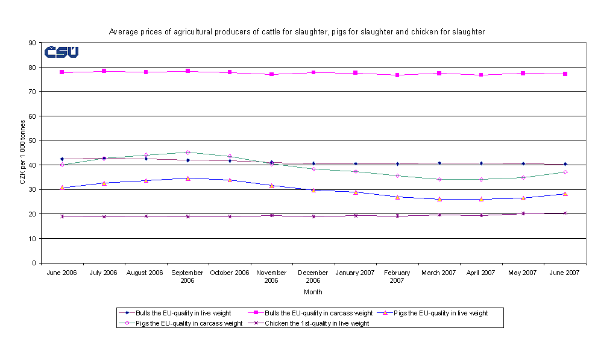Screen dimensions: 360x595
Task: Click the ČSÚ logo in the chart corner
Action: click(61, 52)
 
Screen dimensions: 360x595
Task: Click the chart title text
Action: click(297, 31)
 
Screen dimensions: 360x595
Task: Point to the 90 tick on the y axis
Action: click(31, 43)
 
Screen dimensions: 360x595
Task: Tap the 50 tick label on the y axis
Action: click(31, 141)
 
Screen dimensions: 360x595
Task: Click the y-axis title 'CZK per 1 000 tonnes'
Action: click(22, 153)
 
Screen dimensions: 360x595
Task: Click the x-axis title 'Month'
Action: click(313, 292)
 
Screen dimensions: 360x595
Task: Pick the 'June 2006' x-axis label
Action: click(62, 273)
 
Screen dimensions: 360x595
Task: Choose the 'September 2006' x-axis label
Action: click(187, 276)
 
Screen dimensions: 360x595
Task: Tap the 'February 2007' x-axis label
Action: click(397, 276)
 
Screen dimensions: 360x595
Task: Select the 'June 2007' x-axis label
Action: click(564, 273)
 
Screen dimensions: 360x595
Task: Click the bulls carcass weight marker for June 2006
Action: click(62, 72)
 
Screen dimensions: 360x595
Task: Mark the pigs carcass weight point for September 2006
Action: click(187, 153)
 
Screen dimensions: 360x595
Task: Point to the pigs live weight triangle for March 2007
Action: click(439, 199)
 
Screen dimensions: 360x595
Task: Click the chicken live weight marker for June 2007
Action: click(565, 213)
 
